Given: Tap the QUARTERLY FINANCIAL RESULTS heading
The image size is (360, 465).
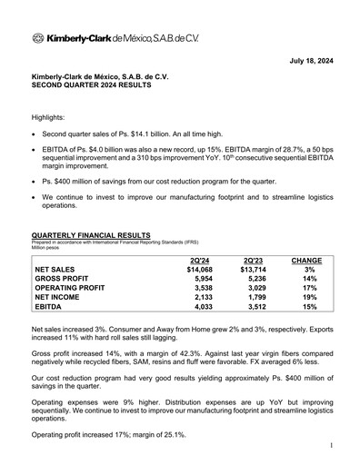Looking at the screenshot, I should [x=91, y=234].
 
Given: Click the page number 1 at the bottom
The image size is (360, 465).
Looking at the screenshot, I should [x=334, y=446].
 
